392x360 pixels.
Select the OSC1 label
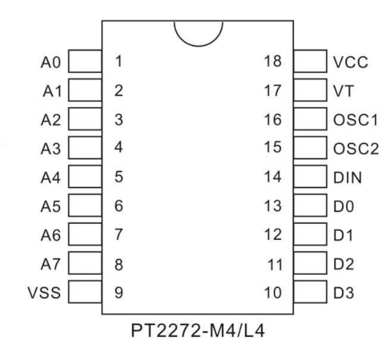pyautogui.click(x=356, y=120)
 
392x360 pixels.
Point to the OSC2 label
pyautogui.click(x=356, y=148)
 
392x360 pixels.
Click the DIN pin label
pyautogui.click(x=347, y=177)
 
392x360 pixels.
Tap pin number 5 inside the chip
pyautogui.click(x=118, y=177)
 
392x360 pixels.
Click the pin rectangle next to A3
pyautogui.click(x=86, y=148)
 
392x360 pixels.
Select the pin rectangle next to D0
pyautogui.click(x=310, y=206)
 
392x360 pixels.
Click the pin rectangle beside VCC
pyautogui.click(x=310, y=62)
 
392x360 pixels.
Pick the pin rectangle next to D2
pyautogui.click(x=310, y=264)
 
